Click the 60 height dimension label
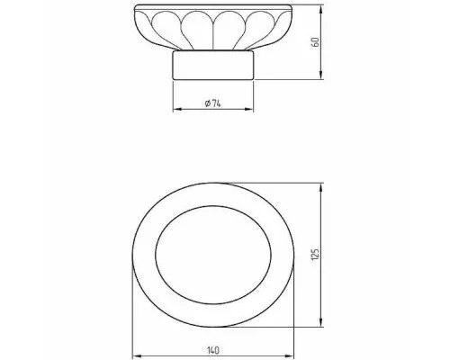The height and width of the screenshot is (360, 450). [315, 42]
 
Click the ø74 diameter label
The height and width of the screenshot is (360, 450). [212, 103]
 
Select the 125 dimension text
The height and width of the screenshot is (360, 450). [315, 255]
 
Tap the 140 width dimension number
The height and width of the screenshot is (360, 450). [213, 350]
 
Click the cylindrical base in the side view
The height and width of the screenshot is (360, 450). [213, 65]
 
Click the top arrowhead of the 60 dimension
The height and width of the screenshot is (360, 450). [321, 10]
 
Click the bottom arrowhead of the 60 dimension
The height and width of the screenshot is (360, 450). [321, 75]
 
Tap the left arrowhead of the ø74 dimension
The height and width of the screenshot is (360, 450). [178, 110]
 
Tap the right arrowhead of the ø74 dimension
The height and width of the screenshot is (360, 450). [248, 110]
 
